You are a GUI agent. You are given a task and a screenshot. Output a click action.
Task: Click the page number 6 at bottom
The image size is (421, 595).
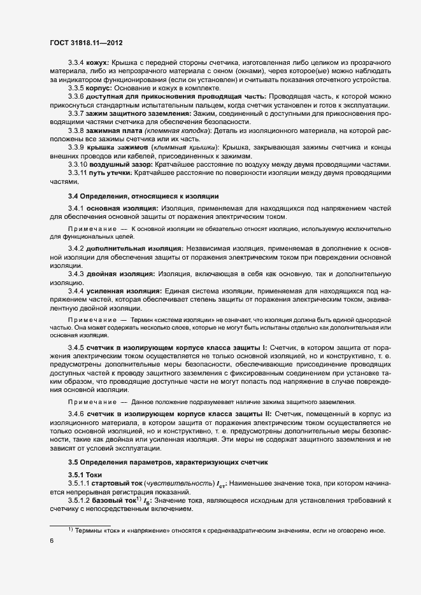[x=51, y=541]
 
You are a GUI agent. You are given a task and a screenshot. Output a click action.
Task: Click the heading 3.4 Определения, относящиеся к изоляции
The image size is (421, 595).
[x=143, y=196]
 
